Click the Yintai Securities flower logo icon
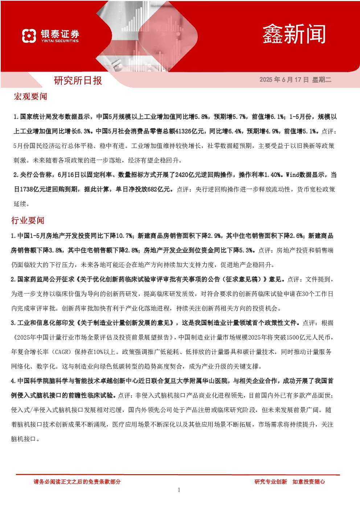point(29,36)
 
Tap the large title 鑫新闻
point(294,34)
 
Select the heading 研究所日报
point(78,81)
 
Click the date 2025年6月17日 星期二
point(295,79)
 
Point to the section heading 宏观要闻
point(30,97)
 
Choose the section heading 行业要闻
point(28,221)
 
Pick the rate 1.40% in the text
point(272,175)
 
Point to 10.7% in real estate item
point(124,236)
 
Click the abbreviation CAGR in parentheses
point(62,352)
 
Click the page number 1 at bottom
point(179,490)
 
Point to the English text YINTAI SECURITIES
point(60,41)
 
